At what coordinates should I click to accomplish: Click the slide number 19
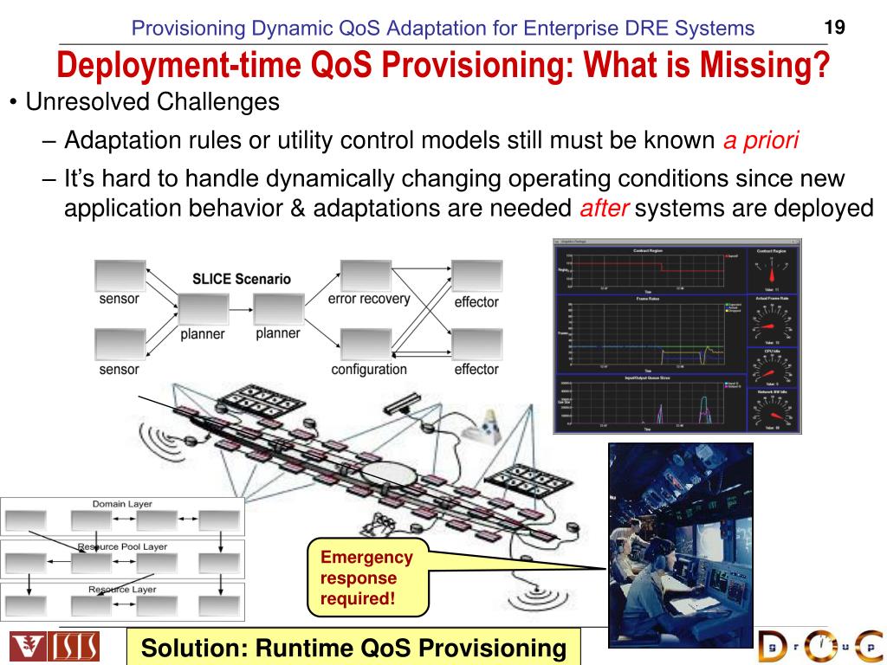(834, 27)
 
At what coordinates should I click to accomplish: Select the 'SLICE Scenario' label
(242, 280)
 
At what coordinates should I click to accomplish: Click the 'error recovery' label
(369, 300)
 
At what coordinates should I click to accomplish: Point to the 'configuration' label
(369, 370)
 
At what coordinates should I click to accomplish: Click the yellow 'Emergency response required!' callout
(368, 578)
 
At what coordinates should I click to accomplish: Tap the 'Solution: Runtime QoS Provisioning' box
(353, 648)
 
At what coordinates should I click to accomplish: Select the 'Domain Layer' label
(122, 504)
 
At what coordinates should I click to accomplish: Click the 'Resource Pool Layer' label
(122, 546)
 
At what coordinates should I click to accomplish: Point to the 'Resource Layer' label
(122, 590)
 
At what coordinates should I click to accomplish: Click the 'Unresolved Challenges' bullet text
(152, 102)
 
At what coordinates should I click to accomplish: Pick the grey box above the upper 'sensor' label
(120, 276)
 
